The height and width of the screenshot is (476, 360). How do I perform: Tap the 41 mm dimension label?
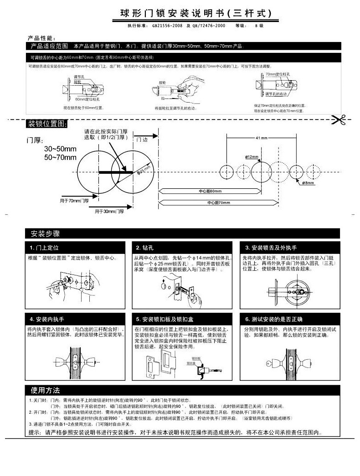[262, 138]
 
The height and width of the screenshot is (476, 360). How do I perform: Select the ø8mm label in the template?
[309, 183]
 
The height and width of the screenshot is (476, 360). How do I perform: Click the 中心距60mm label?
[210, 191]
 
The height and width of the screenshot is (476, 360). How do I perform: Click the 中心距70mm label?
[219, 202]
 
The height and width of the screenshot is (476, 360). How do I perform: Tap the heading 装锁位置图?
[48, 124]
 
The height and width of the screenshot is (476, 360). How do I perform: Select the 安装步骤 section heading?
[46, 233]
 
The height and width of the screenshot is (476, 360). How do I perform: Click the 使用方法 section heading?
[46, 390]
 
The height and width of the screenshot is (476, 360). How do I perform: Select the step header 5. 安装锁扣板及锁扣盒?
[165, 319]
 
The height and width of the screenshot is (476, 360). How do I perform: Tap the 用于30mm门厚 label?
[109, 212]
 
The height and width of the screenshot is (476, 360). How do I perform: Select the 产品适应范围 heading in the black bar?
[49, 46]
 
